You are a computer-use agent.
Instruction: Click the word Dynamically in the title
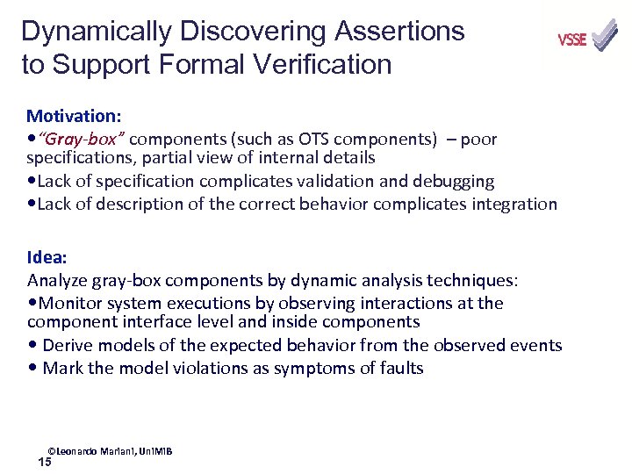pos(97,32)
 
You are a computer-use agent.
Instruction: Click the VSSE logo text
pos(571,39)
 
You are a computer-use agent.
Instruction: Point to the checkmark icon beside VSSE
pos(604,36)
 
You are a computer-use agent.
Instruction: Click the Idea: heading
pos(47,258)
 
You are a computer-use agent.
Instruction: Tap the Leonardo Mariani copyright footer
pos(110,451)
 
